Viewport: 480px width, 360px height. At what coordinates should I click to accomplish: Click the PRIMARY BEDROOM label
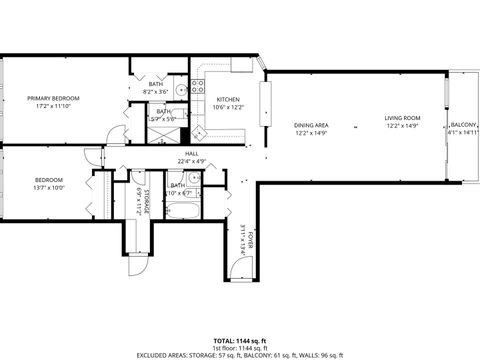(53, 98)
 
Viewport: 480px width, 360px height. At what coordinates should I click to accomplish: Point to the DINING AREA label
(311, 125)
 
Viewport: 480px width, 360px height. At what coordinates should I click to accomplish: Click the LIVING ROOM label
(403, 118)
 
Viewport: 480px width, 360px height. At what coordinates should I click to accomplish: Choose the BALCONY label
(464, 124)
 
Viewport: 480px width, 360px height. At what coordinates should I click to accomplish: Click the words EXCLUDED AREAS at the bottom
(149, 354)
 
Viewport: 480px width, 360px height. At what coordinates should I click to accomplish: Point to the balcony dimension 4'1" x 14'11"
(464, 132)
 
